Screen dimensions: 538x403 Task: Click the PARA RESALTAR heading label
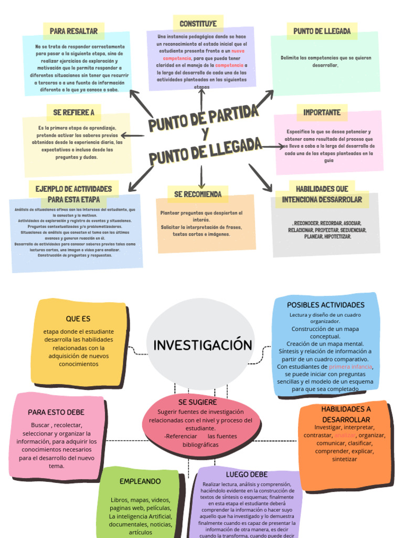click(x=73, y=31)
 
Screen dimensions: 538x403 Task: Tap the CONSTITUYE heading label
click(x=198, y=24)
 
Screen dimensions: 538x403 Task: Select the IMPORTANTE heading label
click(x=322, y=112)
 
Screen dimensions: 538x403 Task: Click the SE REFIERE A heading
click(x=73, y=112)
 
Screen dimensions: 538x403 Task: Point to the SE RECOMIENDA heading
click(x=198, y=194)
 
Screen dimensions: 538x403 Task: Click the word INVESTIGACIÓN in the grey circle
click(x=203, y=345)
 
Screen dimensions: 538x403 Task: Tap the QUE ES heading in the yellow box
click(x=78, y=319)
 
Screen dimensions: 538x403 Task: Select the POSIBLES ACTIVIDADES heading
click(x=325, y=305)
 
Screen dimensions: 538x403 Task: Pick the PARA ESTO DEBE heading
click(x=56, y=412)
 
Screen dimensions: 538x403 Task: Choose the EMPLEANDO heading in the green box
click(x=140, y=481)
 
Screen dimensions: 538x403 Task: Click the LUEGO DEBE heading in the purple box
click(x=247, y=474)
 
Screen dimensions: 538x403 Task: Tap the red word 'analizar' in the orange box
click(x=345, y=435)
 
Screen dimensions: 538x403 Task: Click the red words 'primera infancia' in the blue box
click(x=351, y=366)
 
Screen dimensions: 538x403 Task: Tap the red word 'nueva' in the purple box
click(x=238, y=51)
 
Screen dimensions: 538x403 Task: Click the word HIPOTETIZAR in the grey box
click(x=337, y=237)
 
